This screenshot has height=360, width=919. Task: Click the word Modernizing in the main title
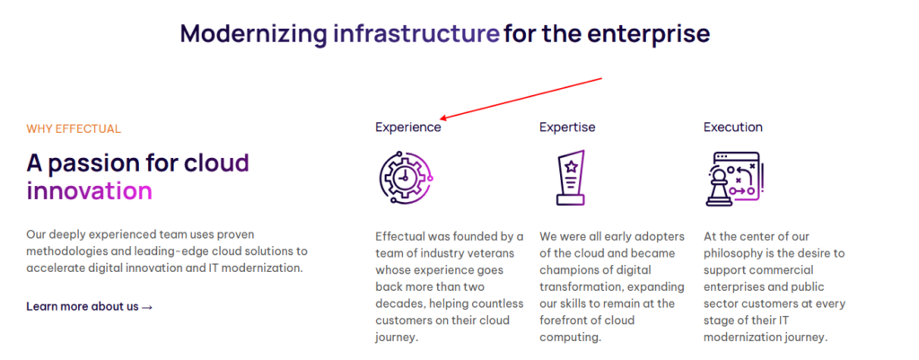pyautogui.click(x=253, y=34)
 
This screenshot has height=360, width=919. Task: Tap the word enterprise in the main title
pyautogui.click(x=649, y=34)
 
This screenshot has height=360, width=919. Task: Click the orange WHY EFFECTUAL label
pyautogui.click(x=74, y=129)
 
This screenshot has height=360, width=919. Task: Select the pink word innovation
pyautogui.click(x=89, y=191)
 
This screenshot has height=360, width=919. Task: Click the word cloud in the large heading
pyautogui.click(x=216, y=163)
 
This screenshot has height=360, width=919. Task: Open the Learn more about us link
pyautogui.click(x=90, y=306)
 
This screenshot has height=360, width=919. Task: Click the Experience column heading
pyautogui.click(x=408, y=127)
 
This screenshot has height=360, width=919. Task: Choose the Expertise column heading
pyautogui.click(x=567, y=127)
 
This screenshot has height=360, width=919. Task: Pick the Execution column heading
pyautogui.click(x=733, y=127)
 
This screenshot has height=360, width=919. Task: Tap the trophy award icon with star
pyautogui.click(x=570, y=179)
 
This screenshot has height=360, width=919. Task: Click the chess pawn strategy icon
pyautogui.click(x=734, y=179)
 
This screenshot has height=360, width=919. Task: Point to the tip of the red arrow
pyautogui.click(x=440, y=119)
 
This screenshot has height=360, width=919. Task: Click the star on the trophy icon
pyautogui.click(x=571, y=167)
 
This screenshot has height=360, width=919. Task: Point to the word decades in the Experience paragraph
pyautogui.click(x=396, y=304)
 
